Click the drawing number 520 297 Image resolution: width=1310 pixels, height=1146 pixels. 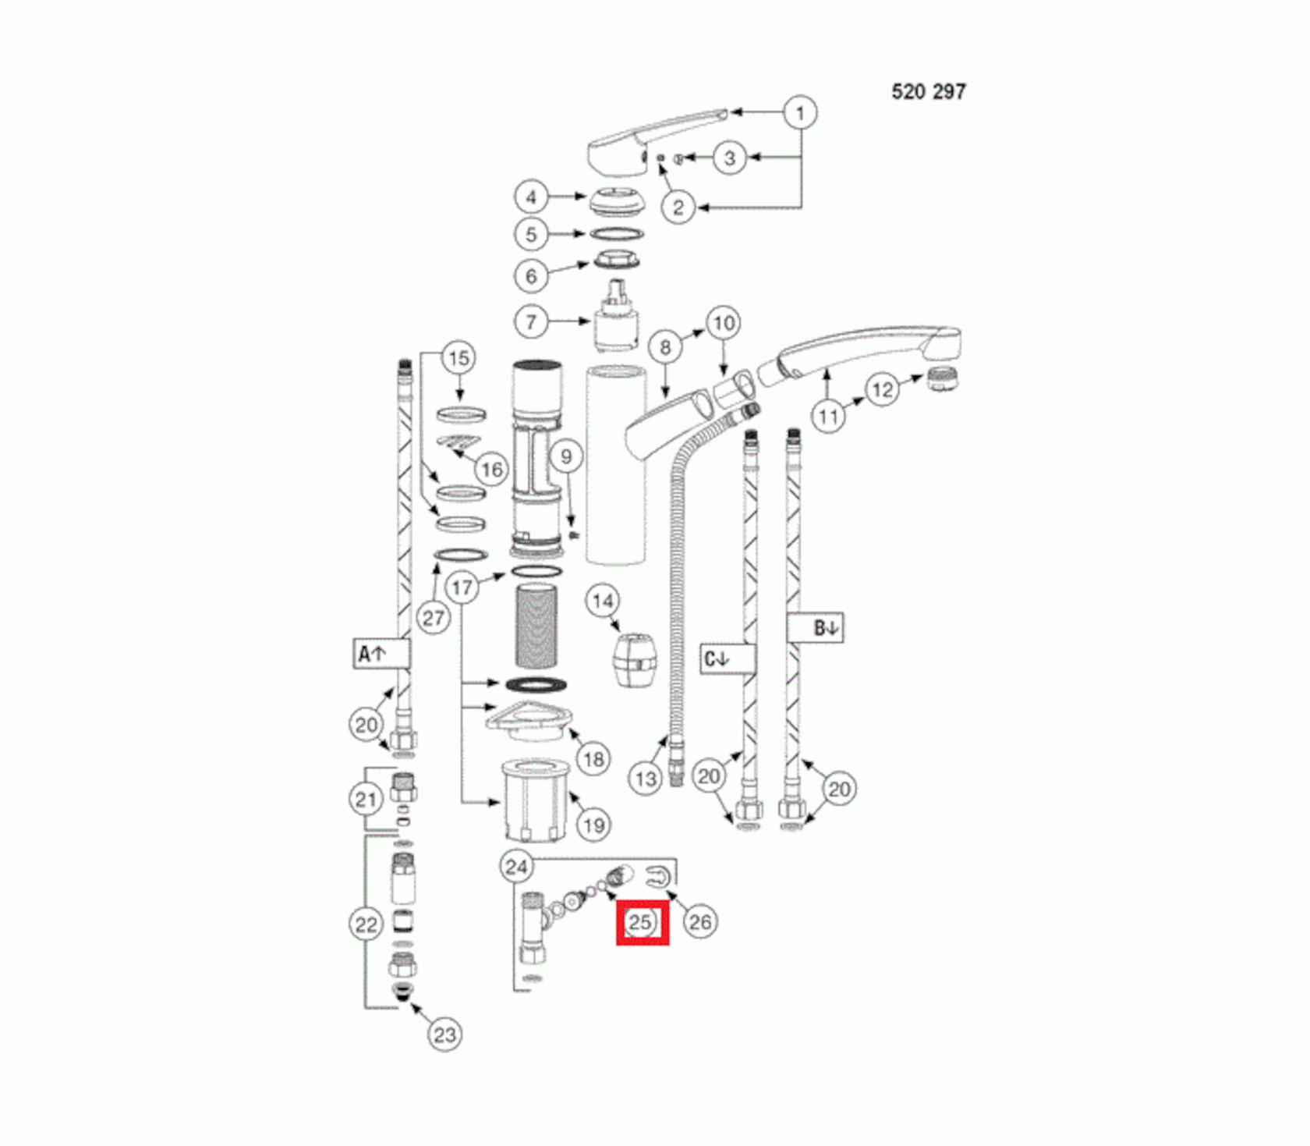[x=929, y=92]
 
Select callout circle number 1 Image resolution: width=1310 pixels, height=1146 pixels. [x=800, y=113]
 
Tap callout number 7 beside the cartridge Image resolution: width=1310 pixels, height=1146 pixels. [x=531, y=321]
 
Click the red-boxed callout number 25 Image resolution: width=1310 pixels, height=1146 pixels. [x=641, y=923]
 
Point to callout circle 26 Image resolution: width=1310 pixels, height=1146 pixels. [x=699, y=922]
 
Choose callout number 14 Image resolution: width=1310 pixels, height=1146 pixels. [x=603, y=601]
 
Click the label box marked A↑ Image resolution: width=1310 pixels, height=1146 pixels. [x=381, y=654]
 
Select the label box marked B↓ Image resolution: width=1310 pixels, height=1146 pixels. [x=816, y=628]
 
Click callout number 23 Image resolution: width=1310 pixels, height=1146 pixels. [x=444, y=1035]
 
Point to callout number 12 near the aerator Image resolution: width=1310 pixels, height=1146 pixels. [x=882, y=389]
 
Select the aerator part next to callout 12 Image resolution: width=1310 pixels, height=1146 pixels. [x=942, y=378]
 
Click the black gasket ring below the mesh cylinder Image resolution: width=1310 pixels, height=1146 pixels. [x=536, y=685]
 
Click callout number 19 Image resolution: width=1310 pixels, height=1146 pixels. [x=593, y=825]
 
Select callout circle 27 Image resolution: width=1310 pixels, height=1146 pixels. [x=434, y=618]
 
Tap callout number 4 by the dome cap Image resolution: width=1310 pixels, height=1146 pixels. [x=531, y=197]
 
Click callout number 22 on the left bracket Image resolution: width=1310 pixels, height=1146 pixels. [x=366, y=925]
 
